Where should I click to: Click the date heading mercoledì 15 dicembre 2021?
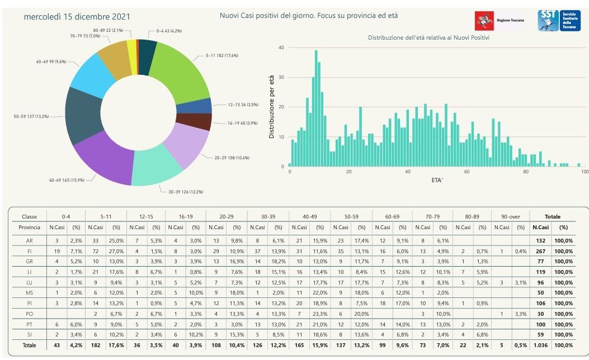tap(77, 17)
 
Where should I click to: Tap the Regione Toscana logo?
tap(500, 20)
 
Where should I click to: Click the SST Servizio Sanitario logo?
tap(560, 20)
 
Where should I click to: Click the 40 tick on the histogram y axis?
tap(281, 48)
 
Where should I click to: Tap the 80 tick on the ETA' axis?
tap(525, 172)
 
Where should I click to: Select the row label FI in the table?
tap(29, 252)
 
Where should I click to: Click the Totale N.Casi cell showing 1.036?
tap(540, 345)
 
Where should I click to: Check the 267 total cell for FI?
tap(540, 252)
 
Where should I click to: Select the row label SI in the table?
tap(29, 334)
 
